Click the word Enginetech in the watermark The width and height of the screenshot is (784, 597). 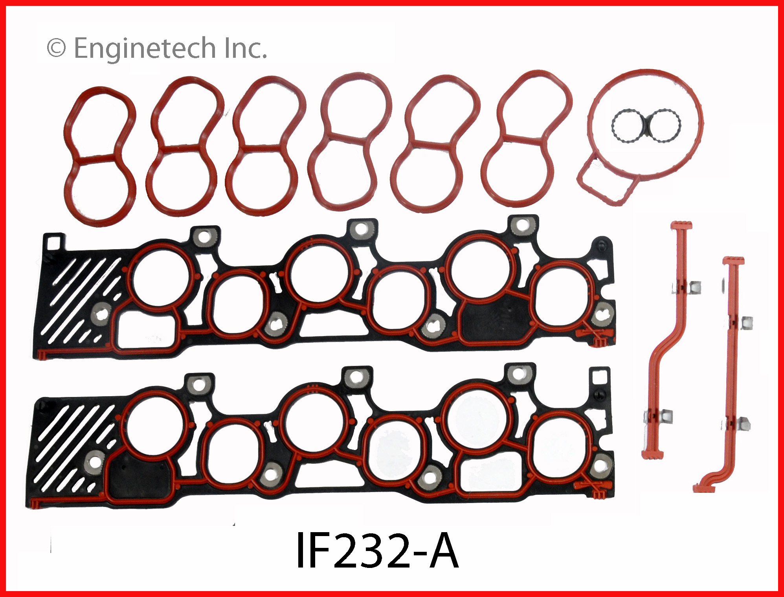145,48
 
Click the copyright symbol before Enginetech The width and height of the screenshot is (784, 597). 56,48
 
